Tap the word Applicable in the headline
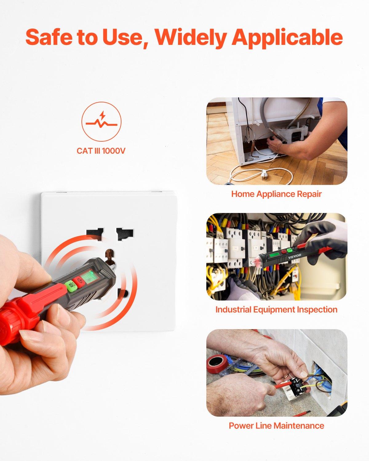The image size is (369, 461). (287, 38)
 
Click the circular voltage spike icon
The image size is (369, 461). (101, 122)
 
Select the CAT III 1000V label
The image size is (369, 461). (101, 151)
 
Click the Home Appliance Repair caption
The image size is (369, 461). (276, 194)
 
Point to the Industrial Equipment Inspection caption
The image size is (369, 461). (276, 309)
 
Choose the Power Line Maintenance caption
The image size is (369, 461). (276, 426)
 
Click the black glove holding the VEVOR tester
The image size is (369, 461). (326, 237)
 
